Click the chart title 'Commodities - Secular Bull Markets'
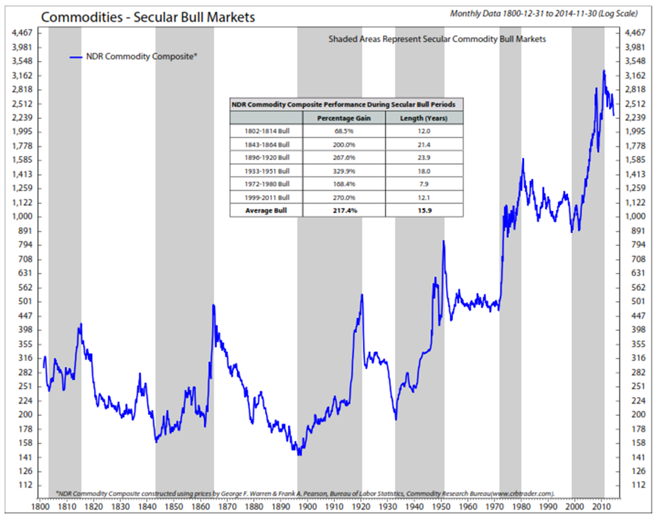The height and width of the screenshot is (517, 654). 148,17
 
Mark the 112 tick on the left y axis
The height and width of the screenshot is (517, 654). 23,486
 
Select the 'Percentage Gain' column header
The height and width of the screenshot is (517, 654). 344,118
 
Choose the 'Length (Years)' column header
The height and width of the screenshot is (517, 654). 424,118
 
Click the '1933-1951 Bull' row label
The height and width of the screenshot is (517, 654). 266,171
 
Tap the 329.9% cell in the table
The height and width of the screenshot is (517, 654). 344,171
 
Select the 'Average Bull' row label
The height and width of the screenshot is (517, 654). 266,210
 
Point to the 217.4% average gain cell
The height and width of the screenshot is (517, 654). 344,210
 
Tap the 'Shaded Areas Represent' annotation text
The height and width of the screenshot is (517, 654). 437,40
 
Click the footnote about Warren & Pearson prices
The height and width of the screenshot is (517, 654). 305,492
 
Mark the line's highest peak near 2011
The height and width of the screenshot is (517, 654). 604,71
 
